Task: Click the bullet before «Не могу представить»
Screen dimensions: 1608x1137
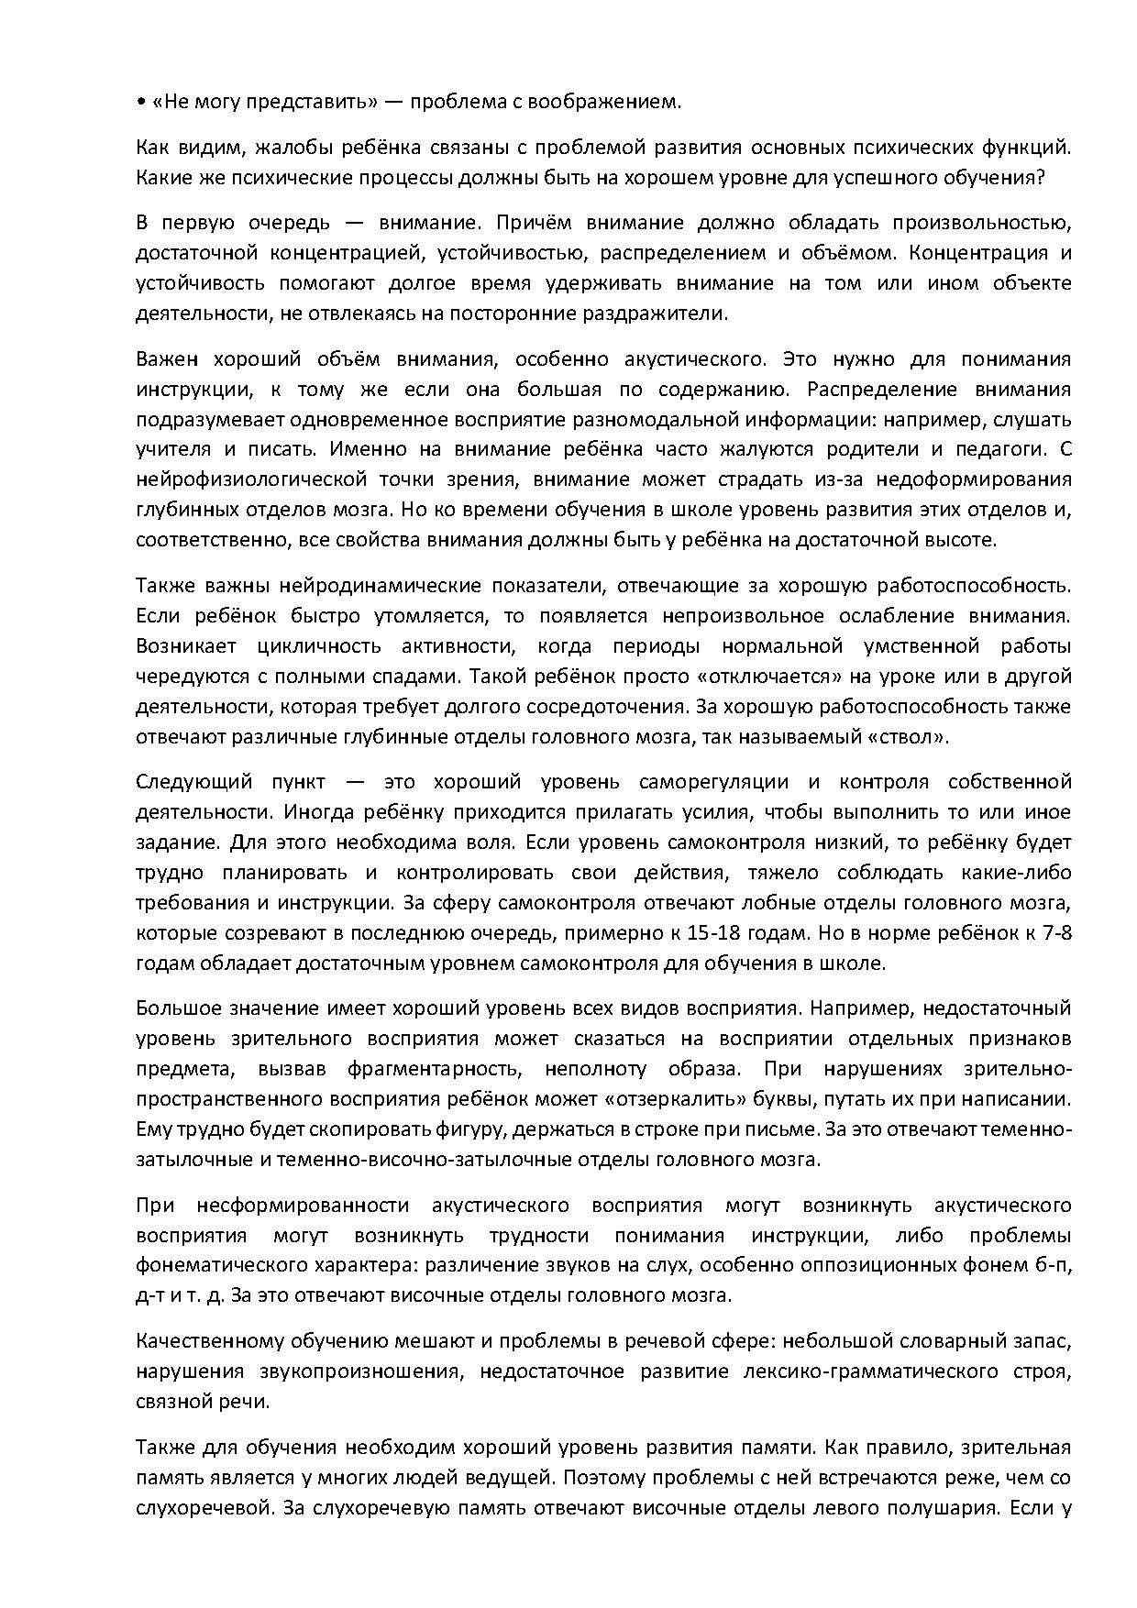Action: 140,102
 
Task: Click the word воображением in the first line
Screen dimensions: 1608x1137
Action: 604,101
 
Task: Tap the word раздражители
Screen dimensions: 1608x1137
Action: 653,314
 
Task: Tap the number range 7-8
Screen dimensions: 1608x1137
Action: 1055,933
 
